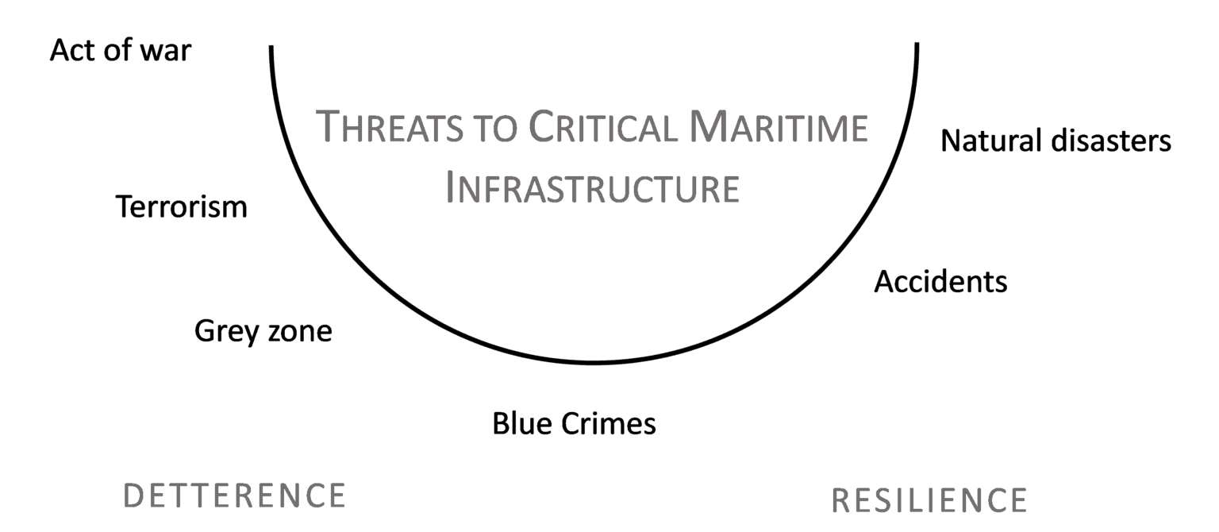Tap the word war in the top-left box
point(167,51)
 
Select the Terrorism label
point(182,206)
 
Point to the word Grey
point(221,330)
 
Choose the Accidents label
point(940,281)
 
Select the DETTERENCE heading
point(235,495)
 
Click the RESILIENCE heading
point(929,500)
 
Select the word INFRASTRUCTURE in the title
point(592,188)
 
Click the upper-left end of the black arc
point(271,47)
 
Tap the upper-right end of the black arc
point(917,44)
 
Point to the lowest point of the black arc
point(594,364)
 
